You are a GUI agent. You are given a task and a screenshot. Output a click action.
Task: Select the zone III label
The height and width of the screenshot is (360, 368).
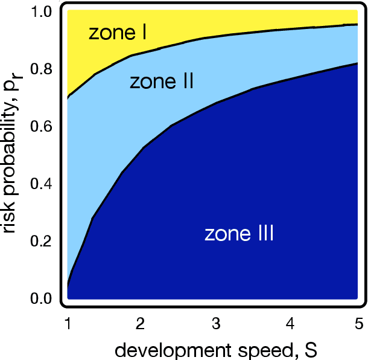point(239,233)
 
